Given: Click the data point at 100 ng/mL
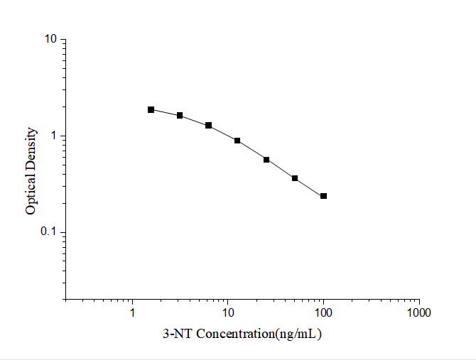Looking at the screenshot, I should [323, 196].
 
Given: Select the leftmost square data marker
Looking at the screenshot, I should [151, 109].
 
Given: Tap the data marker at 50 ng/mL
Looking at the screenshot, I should [295, 178].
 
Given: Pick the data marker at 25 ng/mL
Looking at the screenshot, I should [266, 160].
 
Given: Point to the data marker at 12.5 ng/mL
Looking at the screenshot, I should [237, 141].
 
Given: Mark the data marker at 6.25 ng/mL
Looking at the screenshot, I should [209, 125].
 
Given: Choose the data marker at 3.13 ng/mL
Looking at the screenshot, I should [180, 115].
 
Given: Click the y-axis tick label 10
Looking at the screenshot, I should [50, 39].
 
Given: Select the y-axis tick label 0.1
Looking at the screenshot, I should [49, 233].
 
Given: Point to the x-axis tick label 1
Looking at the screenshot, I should [132, 312].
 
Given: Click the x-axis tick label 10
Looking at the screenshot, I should [228, 312].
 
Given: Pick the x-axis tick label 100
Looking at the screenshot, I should [323, 312].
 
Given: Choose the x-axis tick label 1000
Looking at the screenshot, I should [419, 312].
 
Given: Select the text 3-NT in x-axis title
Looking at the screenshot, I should [177, 333].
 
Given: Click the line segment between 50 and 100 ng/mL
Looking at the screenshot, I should [309, 187].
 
